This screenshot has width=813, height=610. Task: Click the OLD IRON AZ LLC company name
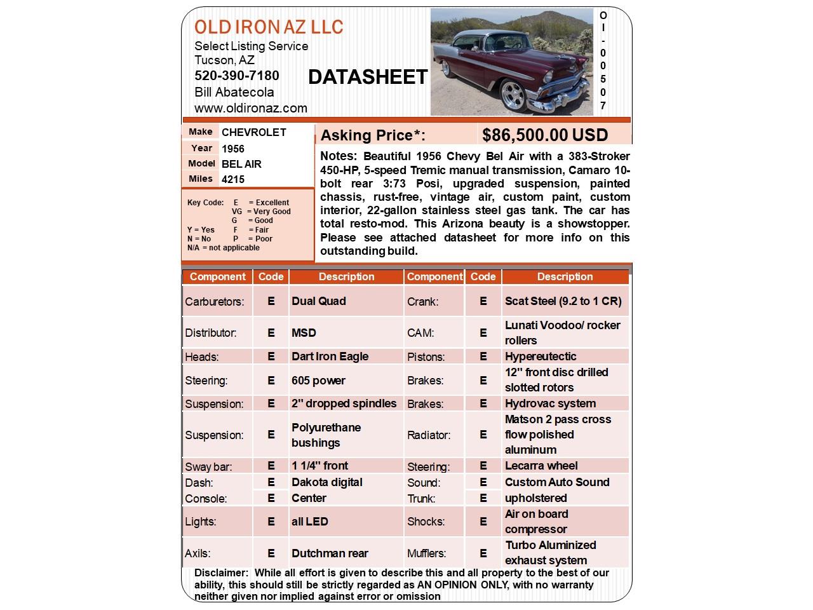pyautogui.click(x=269, y=27)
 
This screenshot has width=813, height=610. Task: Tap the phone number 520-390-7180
pyautogui.click(x=236, y=76)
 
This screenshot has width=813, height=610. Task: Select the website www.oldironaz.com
pyautogui.click(x=250, y=108)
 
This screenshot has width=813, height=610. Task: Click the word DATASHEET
pyautogui.click(x=368, y=78)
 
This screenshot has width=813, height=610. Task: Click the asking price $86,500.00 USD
pyautogui.click(x=545, y=135)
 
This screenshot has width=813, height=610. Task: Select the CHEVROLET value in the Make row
pyautogui.click(x=253, y=132)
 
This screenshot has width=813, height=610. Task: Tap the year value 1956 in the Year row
pyautogui.click(x=233, y=149)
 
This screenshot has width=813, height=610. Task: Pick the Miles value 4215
pyautogui.click(x=233, y=179)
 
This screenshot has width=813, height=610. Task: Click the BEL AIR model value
pyautogui.click(x=241, y=164)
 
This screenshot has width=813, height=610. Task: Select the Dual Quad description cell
pyautogui.click(x=318, y=301)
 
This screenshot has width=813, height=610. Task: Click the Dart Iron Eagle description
pyautogui.click(x=330, y=356)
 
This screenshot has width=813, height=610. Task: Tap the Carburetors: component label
pyautogui.click(x=215, y=302)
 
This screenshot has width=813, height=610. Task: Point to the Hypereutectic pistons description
pyautogui.click(x=541, y=356)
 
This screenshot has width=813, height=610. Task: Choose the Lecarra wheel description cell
pyautogui.click(x=541, y=466)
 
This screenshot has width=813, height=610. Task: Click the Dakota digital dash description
pyautogui.click(x=327, y=482)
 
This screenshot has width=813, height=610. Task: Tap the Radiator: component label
pyautogui.click(x=429, y=435)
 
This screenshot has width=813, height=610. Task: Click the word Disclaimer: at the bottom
pyautogui.click(x=222, y=573)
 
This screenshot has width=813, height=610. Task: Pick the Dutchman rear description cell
pyautogui.click(x=330, y=553)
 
